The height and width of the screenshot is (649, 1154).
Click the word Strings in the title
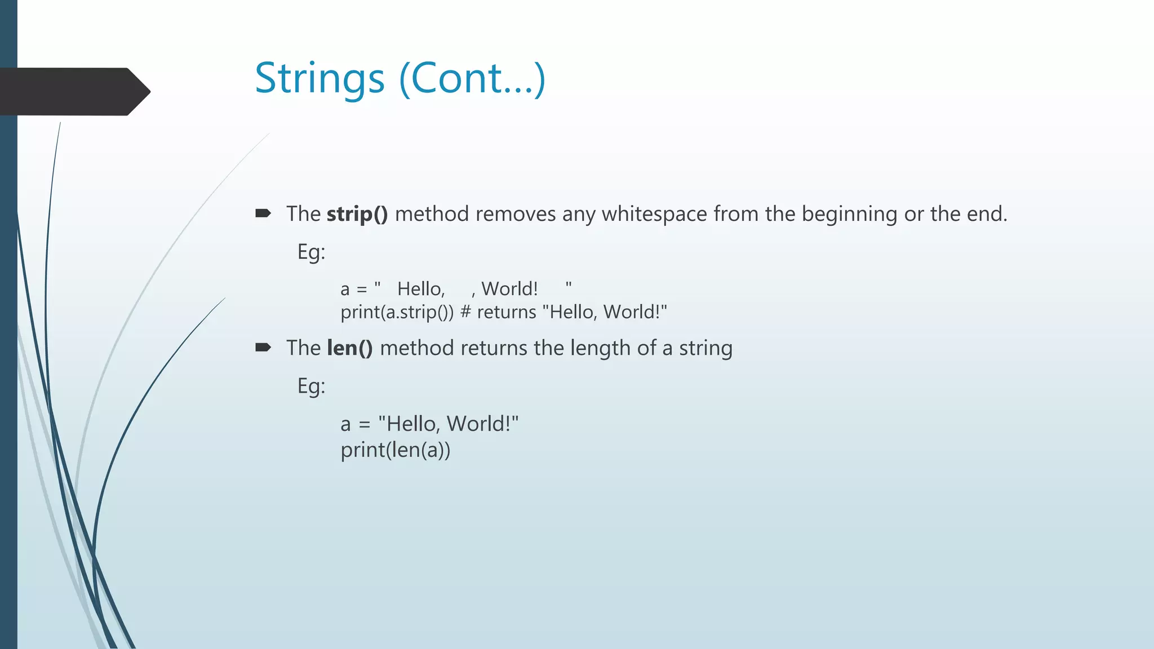click(319, 79)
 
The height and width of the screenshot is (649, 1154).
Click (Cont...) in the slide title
click(472, 79)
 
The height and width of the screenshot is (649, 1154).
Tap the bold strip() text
click(357, 214)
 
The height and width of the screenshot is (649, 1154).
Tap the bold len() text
click(349, 348)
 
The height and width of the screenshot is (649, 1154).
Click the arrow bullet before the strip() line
click(263, 214)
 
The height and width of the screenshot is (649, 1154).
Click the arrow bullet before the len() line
click(263, 348)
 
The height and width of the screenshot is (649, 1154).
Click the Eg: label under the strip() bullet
click(311, 252)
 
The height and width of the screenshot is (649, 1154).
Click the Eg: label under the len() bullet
click(311, 386)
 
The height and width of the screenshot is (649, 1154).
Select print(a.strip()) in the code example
click(397, 312)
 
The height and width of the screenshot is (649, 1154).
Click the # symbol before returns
click(465, 312)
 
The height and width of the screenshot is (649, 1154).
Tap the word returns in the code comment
click(506, 312)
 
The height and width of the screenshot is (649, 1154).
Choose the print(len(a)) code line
click(395, 450)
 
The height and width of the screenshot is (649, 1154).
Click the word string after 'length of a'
click(705, 348)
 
